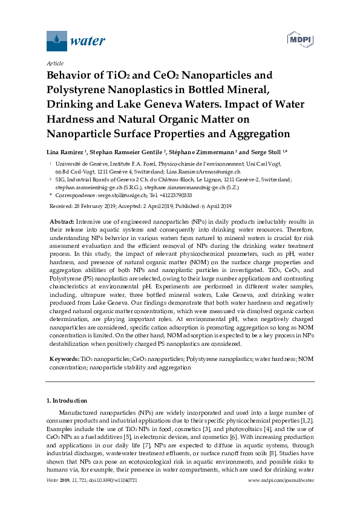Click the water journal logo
(76, 41)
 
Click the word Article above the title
(55, 63)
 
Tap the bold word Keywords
(62, 359)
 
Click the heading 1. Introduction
(67, 401)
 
